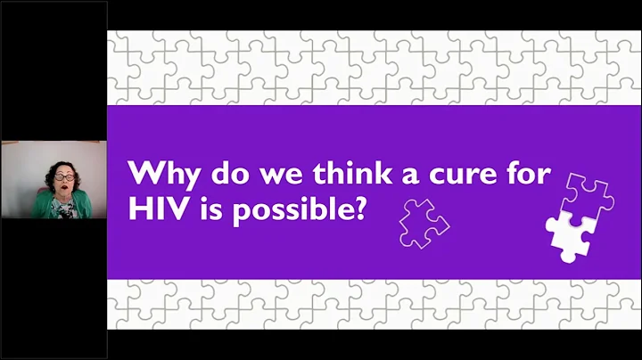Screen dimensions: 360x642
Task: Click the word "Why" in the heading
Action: pyautogui.click(x=157, y=172)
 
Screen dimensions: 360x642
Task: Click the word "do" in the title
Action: pyautogui.click(x=210, y=172)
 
